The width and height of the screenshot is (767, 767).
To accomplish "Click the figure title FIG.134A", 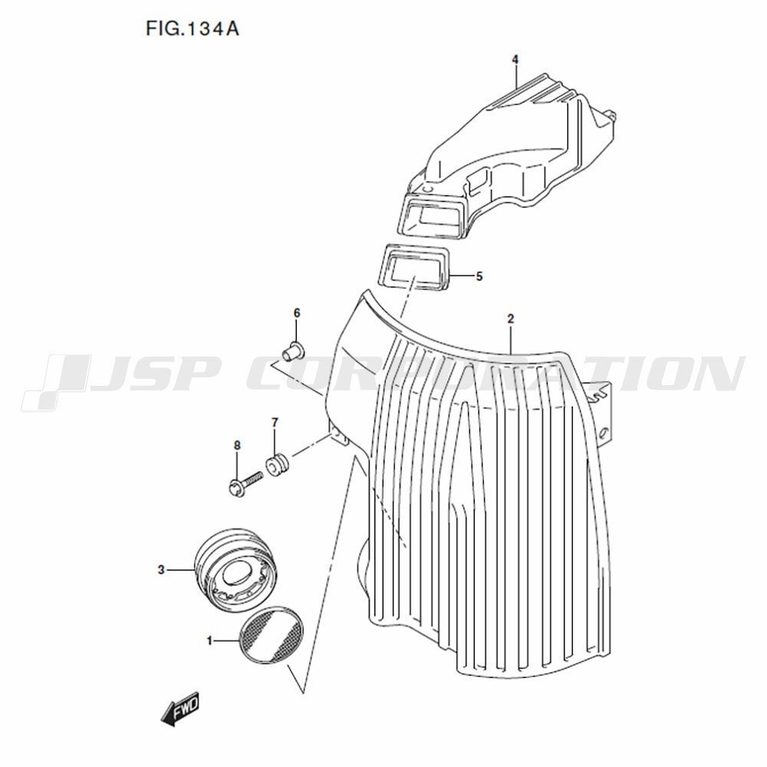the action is pos(193,29).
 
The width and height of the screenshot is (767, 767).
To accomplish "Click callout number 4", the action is pos(515,59).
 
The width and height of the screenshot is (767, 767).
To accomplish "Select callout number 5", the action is pos(479,276).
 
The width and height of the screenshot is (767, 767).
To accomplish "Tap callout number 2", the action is pos(511,319).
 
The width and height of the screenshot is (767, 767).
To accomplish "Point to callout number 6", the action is pos(297,313).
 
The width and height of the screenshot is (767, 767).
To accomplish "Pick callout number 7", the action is pos(275,422).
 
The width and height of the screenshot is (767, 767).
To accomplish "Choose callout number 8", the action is pos(237,446).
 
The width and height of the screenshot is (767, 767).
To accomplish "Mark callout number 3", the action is pos(161,570).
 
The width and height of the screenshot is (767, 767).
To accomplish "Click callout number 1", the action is pos(210,640).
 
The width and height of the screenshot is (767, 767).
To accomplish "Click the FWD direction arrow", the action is pos(180,708).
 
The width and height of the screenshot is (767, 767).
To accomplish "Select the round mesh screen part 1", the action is pos(271,634).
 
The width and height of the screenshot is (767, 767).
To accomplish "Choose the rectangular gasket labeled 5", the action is pos(414,268).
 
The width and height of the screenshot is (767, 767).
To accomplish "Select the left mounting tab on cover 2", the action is pos(338,437).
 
